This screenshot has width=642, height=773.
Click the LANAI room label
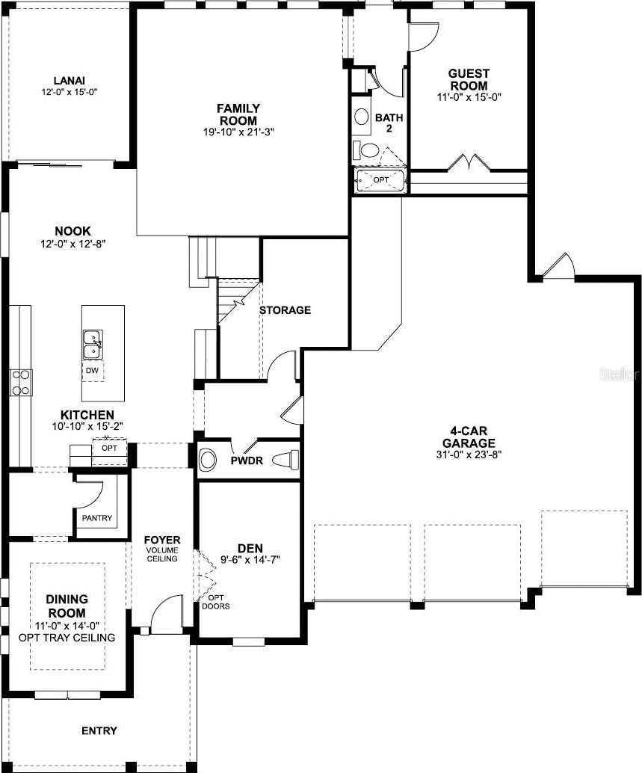tap(70, 80)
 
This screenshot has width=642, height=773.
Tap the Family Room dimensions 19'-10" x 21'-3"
tap(238, 132)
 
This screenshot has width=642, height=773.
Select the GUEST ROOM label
tap(469, 79)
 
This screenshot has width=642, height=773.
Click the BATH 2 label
tap(389, 123)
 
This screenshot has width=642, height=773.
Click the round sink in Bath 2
tap(362, 117)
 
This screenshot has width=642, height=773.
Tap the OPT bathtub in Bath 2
tap(380, 180)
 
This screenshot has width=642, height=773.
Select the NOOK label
tap(73, 231)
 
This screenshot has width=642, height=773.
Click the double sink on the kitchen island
tap(93, 344)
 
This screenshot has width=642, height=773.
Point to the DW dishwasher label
tap(92, 371)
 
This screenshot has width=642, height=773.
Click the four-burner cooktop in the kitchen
tap(21, 383)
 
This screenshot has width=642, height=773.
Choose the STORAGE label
tap(285, 310)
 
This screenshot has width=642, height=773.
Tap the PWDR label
tap(247, 461)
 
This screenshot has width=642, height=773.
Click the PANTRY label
tap(97, 518)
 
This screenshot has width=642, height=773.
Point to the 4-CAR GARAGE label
tap(469, 437)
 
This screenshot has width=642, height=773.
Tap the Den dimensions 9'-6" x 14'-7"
tap(250, 559)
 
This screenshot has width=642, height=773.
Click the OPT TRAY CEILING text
tap(67, 638)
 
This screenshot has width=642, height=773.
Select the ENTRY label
tap(99, 730)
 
